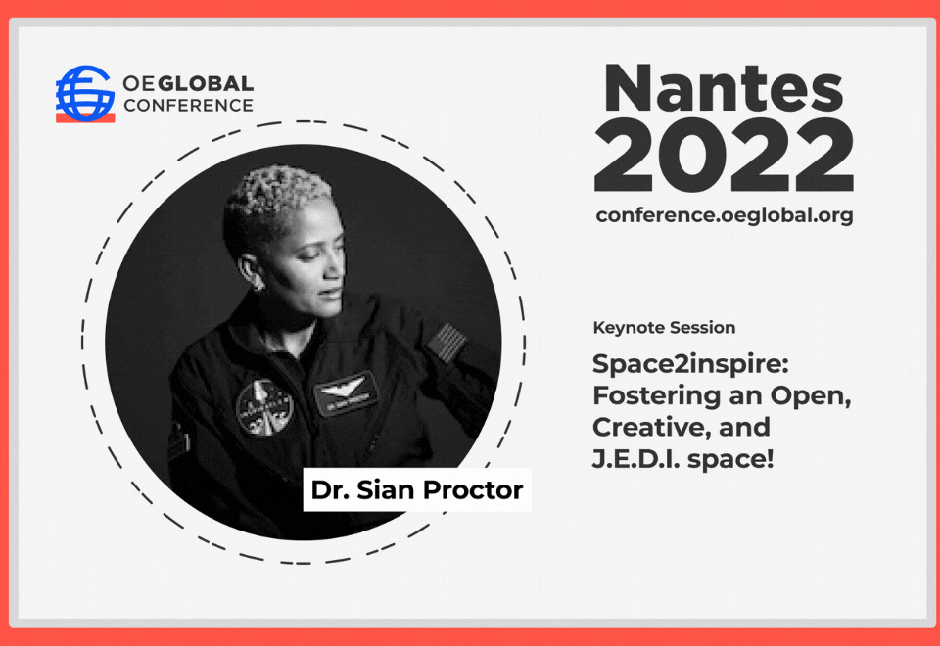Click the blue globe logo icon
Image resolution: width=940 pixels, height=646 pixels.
tap(85, 92)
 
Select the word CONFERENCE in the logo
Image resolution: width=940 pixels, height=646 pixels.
tap(188, 106)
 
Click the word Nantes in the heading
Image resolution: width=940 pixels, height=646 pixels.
tap(724, 89)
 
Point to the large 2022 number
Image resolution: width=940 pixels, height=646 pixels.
tap(724, 156)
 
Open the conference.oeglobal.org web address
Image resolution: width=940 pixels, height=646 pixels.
tap(725, 215)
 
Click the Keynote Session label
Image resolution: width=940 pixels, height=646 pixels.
tap(664, 328)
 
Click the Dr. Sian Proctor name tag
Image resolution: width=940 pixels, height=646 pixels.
tap(417, 489)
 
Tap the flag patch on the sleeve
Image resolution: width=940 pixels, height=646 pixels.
tap(447, 343)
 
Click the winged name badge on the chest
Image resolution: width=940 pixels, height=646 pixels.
tap(346, 392)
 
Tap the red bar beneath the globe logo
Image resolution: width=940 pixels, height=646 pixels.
tap(85, 117)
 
